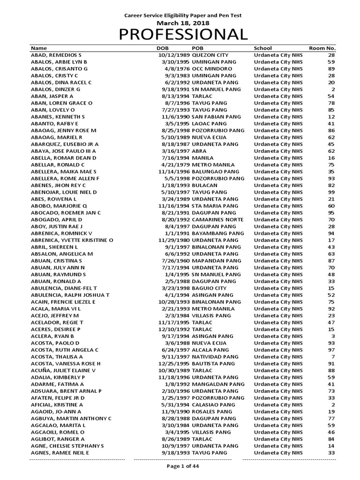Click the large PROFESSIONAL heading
point(182,35)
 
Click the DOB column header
point(162,48)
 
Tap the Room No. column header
point(322,48)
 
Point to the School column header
point(262,48)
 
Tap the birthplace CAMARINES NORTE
point(217,220)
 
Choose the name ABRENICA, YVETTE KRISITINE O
point(72,240)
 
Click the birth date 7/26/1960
point(175,261)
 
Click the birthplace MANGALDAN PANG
point(218,384)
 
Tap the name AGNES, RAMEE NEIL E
point(60,453)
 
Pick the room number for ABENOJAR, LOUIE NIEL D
point(331,193)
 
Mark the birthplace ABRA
point(199,151)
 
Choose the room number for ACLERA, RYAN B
point(333,337)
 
